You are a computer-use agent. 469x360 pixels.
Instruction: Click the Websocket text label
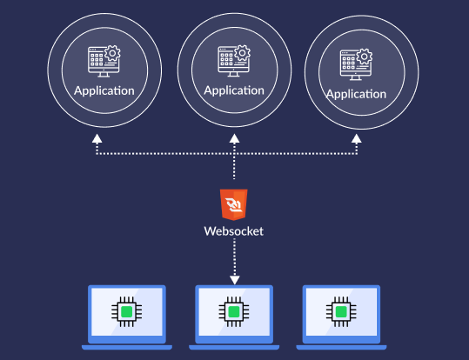click(234, 231)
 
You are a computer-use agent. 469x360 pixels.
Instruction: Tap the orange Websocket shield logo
click(234, 203)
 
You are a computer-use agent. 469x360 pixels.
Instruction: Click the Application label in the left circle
click(104, 90)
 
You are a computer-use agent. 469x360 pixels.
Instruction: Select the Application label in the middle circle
click(234, 90)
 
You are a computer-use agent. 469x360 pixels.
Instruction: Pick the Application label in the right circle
click(355, 94)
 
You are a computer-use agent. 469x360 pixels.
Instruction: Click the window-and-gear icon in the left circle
click(104, 61)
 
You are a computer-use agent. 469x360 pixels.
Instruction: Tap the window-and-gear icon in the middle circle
click(234, 59)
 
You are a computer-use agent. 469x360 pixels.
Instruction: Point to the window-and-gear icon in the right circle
click(355, 63)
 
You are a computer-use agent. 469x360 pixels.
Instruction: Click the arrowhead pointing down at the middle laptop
click(234, 279)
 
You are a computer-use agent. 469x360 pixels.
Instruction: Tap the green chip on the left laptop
click(127, 311)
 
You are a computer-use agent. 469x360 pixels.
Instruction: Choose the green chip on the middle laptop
click(234, 311)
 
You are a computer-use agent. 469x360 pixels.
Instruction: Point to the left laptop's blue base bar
click(127, 346)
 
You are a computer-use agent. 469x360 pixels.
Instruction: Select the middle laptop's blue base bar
click(234, 346)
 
